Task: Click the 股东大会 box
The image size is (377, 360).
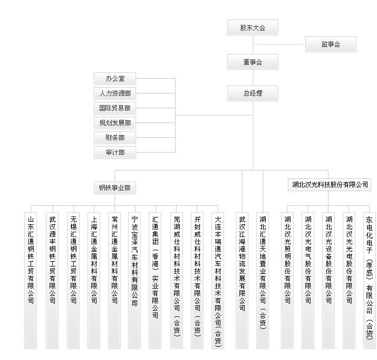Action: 253,27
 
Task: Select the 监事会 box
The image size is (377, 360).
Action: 331,44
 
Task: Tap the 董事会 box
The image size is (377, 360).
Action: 253,62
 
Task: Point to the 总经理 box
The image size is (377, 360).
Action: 253,93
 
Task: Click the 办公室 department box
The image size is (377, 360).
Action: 115,79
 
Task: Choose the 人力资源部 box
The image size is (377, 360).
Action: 115,93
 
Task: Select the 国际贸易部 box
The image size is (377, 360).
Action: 115,108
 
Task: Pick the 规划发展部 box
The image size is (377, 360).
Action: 115,123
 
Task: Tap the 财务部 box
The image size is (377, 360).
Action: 115,138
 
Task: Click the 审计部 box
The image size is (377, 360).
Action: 115,153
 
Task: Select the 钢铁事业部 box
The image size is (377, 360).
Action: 115,188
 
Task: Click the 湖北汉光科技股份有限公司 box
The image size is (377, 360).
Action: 330,185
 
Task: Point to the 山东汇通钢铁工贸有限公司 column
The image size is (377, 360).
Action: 31,280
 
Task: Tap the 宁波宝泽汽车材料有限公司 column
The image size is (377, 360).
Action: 134,280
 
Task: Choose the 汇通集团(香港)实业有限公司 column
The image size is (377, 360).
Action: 155,280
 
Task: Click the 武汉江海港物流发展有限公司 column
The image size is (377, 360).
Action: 242,280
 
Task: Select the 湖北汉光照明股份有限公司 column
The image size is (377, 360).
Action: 287,280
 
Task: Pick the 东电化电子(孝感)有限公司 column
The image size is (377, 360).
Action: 370,280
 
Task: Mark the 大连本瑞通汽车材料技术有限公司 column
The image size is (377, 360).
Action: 218,280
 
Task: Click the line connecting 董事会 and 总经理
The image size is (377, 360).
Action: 253,78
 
